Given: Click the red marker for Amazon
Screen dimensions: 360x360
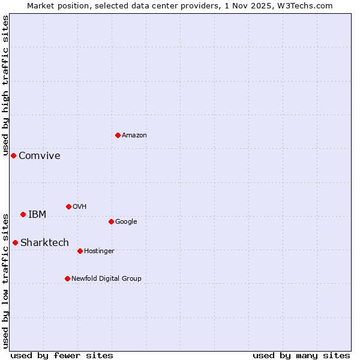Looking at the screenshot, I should [118, 135].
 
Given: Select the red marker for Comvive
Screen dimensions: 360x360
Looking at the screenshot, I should [13, 155].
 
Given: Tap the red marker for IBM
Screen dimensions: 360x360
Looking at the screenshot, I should [23, 214].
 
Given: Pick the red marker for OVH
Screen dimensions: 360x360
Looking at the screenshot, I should [68, 206].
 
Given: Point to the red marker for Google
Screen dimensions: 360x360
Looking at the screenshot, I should [111, 221].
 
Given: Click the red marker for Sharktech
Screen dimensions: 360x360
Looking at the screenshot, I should [15, 242].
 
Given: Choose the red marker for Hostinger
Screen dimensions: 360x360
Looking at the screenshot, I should [80, 251].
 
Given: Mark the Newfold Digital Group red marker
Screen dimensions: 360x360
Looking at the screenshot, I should [67, 278].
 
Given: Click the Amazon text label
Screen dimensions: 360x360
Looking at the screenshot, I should [134, 136].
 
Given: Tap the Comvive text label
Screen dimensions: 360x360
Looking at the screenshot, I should [40, 156].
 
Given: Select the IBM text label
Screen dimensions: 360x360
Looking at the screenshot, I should [37, 215].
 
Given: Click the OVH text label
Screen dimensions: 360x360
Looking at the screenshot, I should [80, 207].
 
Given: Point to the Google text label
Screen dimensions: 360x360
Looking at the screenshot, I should [126, 222].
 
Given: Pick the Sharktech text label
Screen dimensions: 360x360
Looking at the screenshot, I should [44, 243].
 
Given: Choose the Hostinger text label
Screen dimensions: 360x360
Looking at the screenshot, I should [99, 251].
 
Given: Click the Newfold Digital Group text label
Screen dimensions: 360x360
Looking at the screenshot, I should [106, 279].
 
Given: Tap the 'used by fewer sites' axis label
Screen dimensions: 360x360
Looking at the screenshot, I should [62, 355].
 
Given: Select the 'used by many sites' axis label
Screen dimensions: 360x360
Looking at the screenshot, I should [301, 355].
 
